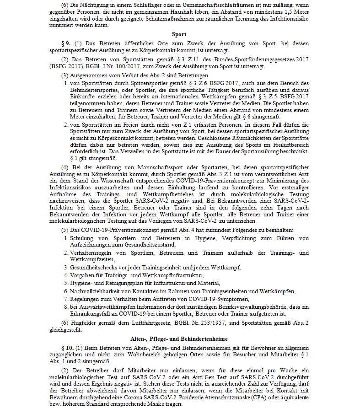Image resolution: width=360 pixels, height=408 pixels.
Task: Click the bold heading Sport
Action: coord(180,35)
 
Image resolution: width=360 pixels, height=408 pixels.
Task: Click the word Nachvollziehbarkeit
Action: coord(98,291)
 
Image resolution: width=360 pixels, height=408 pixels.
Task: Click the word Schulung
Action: coord(82,238)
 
